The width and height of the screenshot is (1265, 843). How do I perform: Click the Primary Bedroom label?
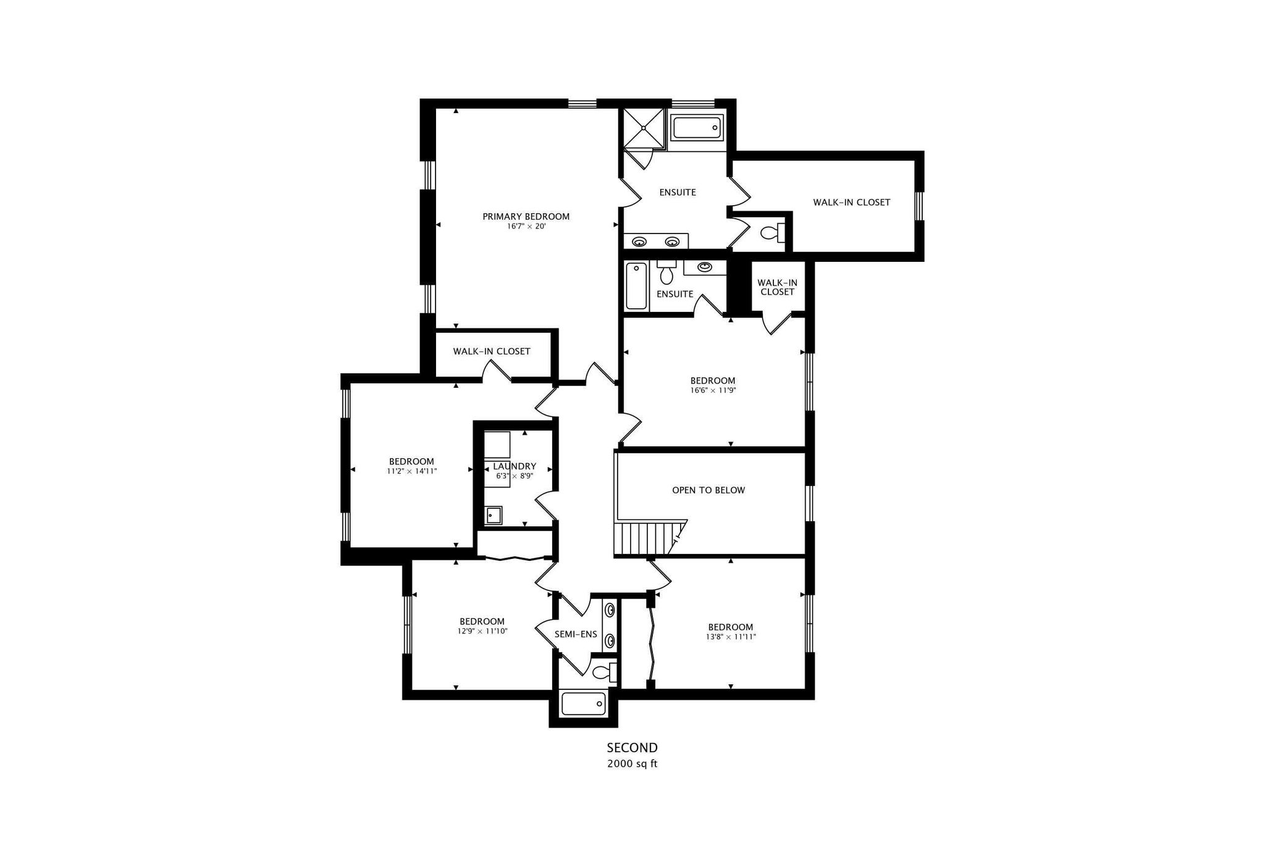(526, 216)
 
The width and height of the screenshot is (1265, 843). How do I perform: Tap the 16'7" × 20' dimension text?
(526, 227)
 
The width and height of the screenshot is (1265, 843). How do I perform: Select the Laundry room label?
(515, 466)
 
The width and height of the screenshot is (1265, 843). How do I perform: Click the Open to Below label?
(708, 490)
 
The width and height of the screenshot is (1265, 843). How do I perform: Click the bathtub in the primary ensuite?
(697, 129)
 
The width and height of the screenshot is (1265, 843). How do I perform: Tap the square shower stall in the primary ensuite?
(644, 128)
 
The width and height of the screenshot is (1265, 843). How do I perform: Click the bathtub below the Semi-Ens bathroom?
(583, 703)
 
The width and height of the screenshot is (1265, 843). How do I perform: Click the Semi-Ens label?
(576, 634)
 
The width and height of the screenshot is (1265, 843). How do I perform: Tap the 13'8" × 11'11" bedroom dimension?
(731, 637)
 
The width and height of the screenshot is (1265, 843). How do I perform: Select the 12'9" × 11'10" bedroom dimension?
(482, 631)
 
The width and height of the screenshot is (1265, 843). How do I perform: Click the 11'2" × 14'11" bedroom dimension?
(411, 471)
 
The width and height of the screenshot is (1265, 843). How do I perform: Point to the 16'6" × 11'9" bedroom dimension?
(713, 390)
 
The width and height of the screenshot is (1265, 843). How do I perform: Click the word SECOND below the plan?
(632, 748)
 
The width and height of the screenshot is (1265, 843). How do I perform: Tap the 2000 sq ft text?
(632, 764)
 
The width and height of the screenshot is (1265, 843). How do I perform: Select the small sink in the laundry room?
(493, 514)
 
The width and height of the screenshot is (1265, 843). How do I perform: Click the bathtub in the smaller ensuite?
(636, 286)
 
